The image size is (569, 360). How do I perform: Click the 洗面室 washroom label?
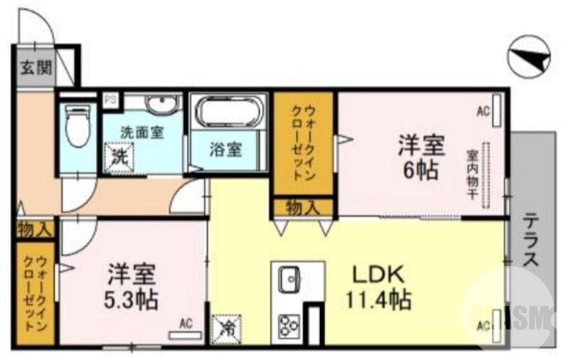point(142,132)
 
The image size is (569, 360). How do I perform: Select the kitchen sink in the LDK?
point(289,279)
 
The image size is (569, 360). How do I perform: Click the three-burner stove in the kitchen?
point(288,325)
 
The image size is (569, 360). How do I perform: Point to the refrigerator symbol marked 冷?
point(227,328)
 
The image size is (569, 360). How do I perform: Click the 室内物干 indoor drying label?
point(472,174)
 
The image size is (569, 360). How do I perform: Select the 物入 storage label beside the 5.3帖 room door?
point(33,229)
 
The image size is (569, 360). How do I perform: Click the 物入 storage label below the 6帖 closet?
point(302,207)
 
